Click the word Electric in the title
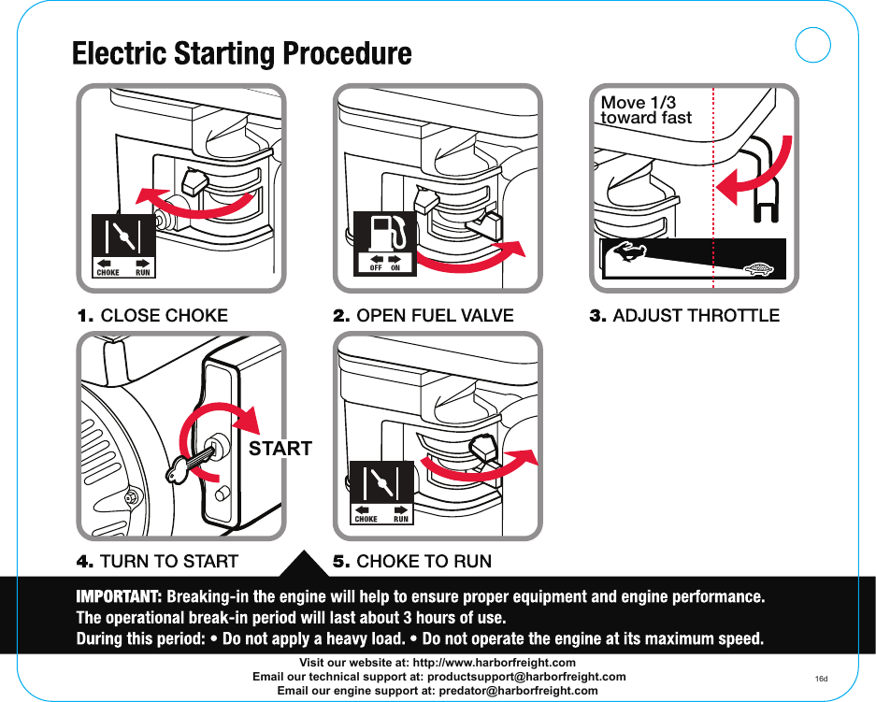pos(120,53)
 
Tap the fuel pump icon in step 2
pos(386,233)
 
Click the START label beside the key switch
pos(280,449)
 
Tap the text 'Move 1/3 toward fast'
pos(645,110)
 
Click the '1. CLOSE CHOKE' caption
pos(151,315)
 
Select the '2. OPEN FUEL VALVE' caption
pos(424,315)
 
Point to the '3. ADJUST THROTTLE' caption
pos(683,315)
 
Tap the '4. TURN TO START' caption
pos(157,562)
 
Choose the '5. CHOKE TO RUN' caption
pos(412,562)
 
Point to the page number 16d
pos(822,677)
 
